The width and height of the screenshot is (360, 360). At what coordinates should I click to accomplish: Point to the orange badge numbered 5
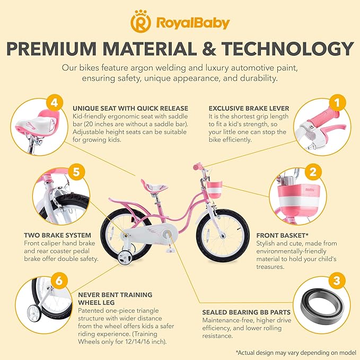click(x=77, y=172)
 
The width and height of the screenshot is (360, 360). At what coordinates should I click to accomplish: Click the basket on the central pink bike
click(x=214, y=189)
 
